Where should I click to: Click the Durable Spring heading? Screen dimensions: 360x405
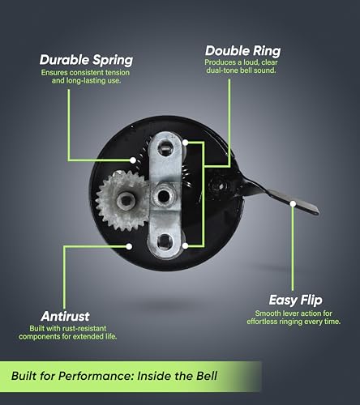click(86, 60)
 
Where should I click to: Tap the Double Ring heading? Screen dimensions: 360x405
click(243, 51)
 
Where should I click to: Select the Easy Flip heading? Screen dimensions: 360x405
click(296, 300)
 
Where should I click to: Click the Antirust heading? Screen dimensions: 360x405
click(65, 316)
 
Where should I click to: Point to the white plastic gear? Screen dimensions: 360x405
click(122, 200)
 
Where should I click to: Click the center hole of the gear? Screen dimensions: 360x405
click(126, 200)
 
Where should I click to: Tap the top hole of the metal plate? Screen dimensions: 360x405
click(165, 147)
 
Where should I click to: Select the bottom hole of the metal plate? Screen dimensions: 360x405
click(165, 241)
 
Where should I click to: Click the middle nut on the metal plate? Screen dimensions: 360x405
click(164, 196)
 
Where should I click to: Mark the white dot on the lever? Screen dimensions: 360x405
click(293, 203)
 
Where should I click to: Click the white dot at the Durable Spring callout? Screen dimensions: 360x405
click(133, 160)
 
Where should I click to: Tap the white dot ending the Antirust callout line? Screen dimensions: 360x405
click(129, 246)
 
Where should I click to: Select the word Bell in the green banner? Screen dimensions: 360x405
click(207, 376)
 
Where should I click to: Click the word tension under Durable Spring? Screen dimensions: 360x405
click(118, 73)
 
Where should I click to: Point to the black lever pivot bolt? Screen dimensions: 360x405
click(220, 186)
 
